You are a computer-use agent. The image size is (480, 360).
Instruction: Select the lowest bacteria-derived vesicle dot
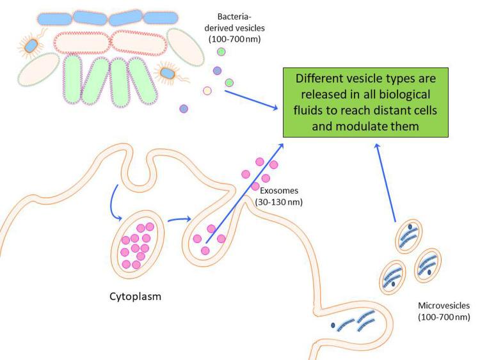tap(184, 109)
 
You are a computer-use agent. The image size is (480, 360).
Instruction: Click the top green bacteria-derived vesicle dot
tap(221, 52)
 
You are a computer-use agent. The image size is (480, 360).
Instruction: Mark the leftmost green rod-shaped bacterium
tap(75, 81)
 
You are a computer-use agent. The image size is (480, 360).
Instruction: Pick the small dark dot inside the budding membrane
tap(334, 325)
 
